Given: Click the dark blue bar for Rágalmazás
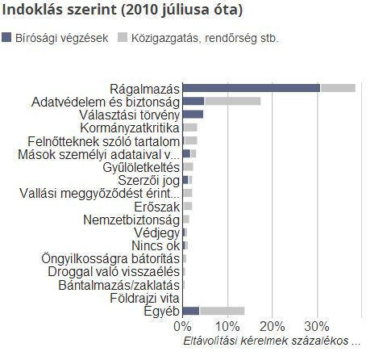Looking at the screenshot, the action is pyautogui.click(x=252, y=88).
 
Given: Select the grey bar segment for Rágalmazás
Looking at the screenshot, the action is pyautogui.click(x=338, y=88).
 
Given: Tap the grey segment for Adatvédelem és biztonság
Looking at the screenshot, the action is pyautogui.click(x=233, y=101).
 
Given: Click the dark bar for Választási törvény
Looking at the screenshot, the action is pyautogui.click(x=193, y=114).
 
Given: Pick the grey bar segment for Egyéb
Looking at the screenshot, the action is pyautogui.click(x=222, y=311).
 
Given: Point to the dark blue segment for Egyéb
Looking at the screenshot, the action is pyautogui.click(x=191, y=311).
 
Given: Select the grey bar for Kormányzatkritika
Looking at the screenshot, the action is pyautogui.click(x=190, y=128).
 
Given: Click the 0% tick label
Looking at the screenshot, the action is pyautogui.click(x=182, y=326).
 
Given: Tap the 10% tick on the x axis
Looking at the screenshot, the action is pyautogui.click(x=227, y=326).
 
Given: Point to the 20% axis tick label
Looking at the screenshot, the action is pyautogui.click(x=273, y=326).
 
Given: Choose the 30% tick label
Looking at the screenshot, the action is pyautogui.click(x=317, y=326).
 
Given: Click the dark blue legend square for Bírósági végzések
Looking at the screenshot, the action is pyautogui.click(x=6, y=37).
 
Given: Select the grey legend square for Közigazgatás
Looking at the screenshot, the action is pyautogui.click(x=123, y=37).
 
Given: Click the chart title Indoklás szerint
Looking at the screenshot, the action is pyautogui.click(x=59, y=10).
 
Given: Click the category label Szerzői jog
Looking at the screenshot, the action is pyautogui.click(x=148, y=180).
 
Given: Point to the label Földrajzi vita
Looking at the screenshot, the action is pyautogui.click(x=144, y=298).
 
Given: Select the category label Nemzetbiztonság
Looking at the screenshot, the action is pyautogui.click(x=131, y=220).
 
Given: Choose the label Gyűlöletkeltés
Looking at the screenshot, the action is pyautogui.click(x=141, y=167).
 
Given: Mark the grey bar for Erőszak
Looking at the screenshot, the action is pyautogui.click(x=188, y=206).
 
